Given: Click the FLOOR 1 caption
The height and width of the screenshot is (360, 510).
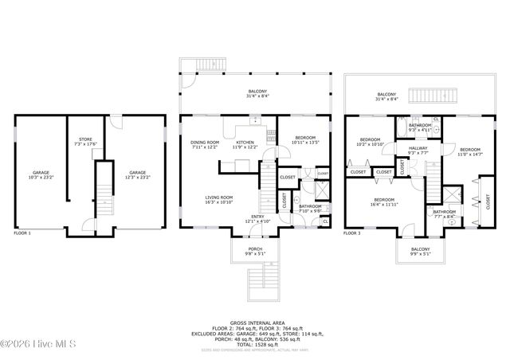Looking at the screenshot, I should tap(22, 233).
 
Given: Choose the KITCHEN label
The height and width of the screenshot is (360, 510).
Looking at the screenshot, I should tap(245, 144).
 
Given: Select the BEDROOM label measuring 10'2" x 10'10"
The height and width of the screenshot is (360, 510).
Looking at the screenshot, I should tap(370, 142).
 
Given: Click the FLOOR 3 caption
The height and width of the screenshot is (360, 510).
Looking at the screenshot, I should tap(351, 233).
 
